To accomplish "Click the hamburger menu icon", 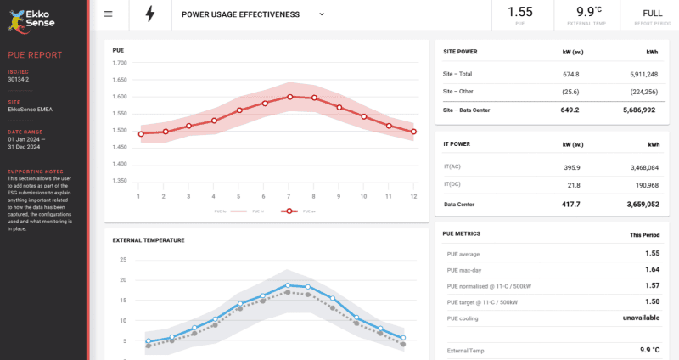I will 108,14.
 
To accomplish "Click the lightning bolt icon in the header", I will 150,14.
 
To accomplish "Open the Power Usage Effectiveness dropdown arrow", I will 322,14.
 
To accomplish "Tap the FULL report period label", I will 652,13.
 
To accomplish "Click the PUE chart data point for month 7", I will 289,97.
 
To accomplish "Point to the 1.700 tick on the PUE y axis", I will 120,63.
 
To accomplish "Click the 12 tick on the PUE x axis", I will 413,196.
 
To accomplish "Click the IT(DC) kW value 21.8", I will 574,185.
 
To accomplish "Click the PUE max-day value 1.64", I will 651,269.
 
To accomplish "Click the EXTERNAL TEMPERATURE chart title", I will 149,240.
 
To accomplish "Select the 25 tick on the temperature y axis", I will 122,260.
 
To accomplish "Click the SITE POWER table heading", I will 460,52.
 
